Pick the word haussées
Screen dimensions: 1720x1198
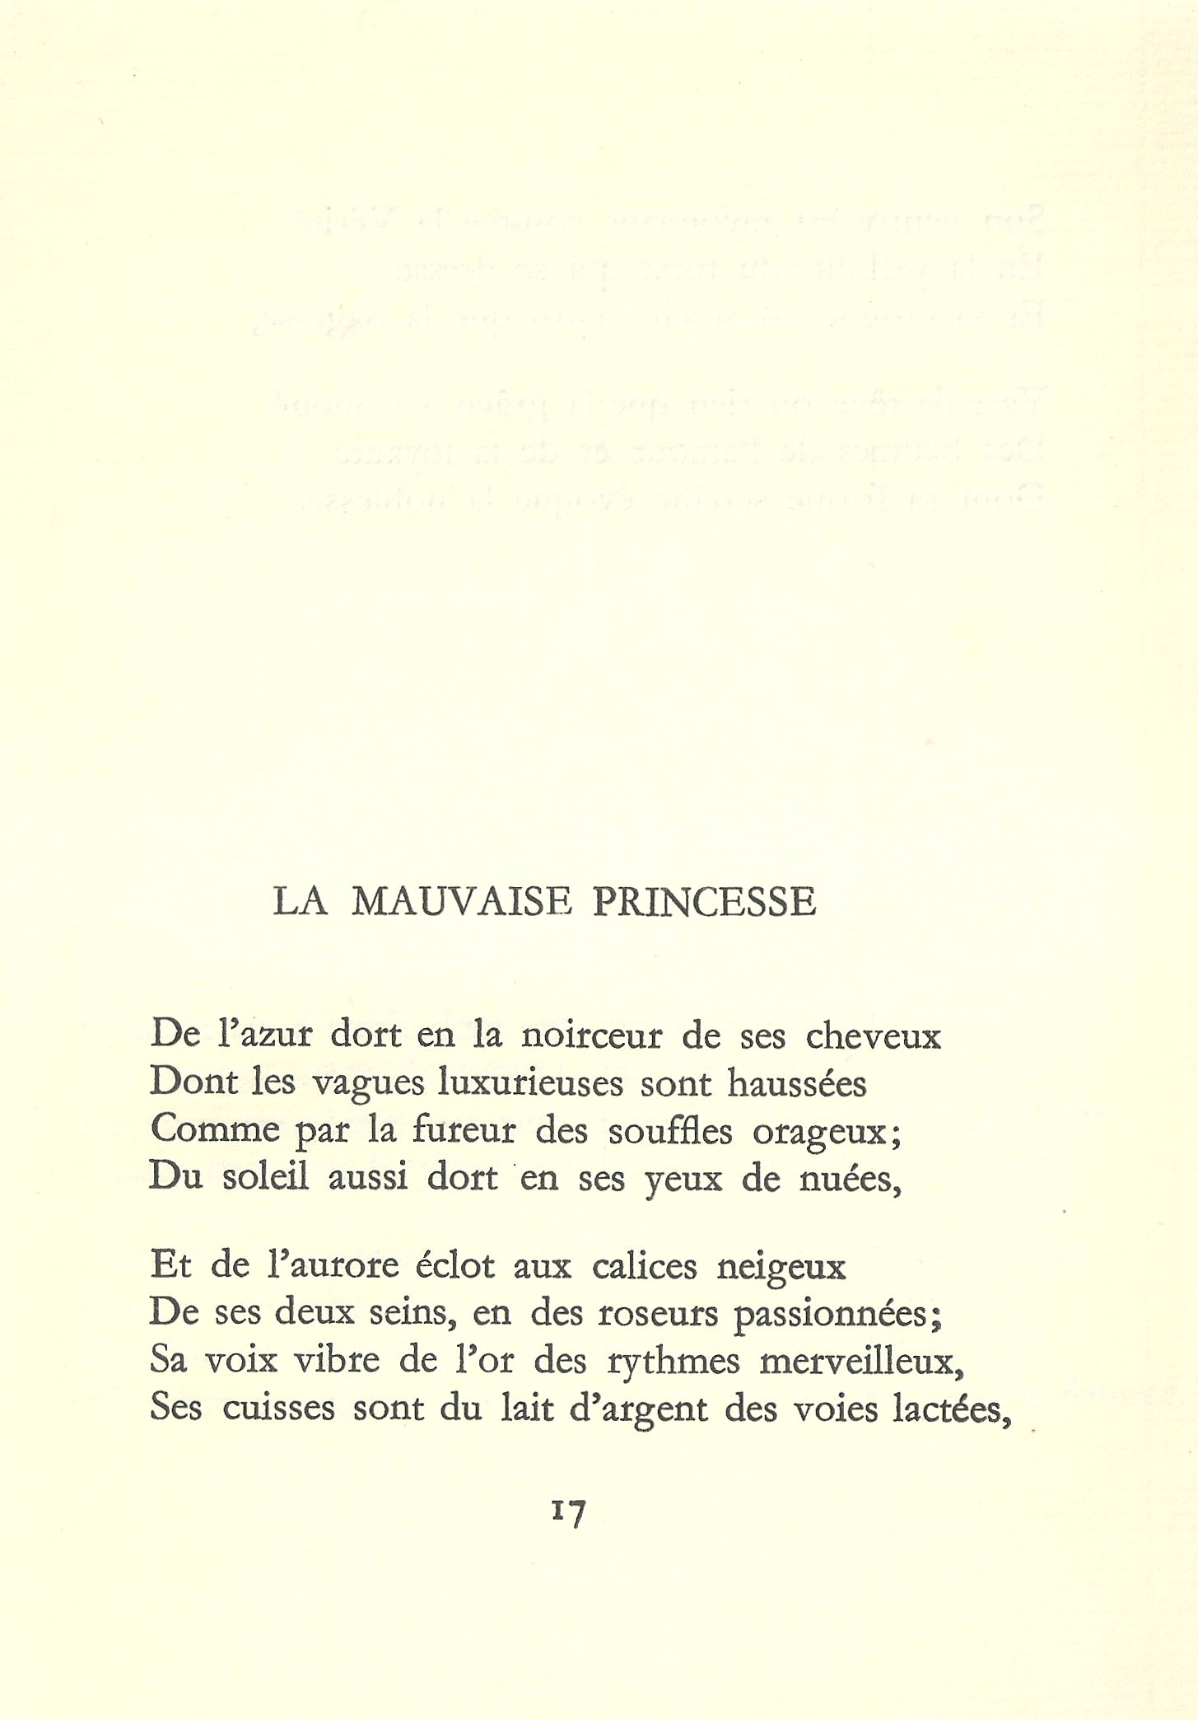[x=797, y=1083]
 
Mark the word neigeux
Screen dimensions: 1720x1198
[x=781, y=1267]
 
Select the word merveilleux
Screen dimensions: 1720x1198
[x=860, y=1360]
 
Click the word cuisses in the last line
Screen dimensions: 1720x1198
[x=278, y=1408]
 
